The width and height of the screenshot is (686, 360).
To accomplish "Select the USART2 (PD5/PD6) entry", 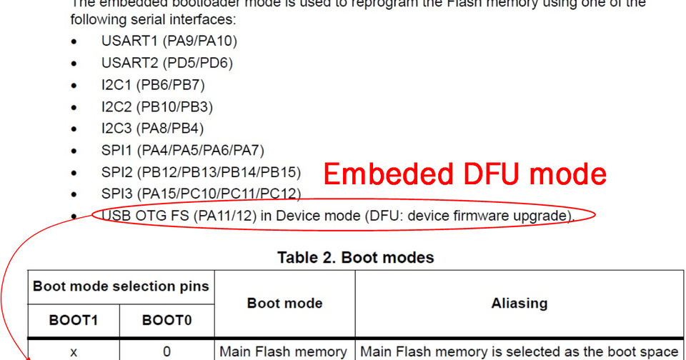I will [166, 63].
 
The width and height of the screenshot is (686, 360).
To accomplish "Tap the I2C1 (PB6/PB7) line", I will [153, 85].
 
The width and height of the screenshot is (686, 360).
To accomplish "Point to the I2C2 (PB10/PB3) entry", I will [156, 107].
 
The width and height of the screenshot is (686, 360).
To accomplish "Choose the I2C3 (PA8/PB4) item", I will [152, 129].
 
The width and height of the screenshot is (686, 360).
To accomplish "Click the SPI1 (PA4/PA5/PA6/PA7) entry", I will [182, 151].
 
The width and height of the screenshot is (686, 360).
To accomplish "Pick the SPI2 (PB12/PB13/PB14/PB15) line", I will [201, 172].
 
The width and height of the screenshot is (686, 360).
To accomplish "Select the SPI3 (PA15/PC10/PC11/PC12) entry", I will [201, 194].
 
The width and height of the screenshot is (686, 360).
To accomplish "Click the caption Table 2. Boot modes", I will [355, 257].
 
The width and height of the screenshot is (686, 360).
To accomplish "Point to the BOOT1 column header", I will [73, 321].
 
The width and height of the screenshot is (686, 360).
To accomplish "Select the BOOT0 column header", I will [166, 321].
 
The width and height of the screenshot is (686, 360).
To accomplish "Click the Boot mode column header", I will [284, 304].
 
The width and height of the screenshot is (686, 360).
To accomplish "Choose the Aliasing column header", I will [520, 304].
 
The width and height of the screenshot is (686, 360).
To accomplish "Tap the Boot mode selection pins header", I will [121, 287].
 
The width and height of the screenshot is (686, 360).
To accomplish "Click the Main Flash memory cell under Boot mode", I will [283, 351].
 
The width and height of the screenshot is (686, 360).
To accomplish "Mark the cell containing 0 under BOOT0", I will [166, 351].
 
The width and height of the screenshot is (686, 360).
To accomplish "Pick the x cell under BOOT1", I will [73, 351].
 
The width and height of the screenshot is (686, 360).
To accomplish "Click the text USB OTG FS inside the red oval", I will [145, 216].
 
